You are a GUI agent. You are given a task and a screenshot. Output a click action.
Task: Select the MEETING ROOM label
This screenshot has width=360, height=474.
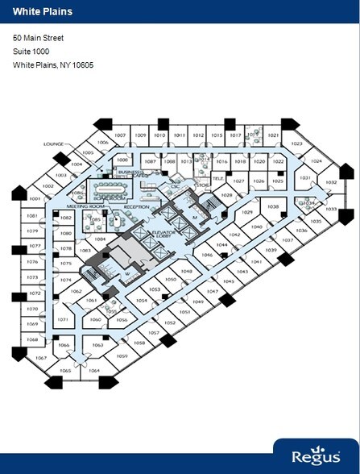pos(77,206)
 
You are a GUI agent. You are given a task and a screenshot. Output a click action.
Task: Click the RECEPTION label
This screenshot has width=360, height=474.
pos(136,206)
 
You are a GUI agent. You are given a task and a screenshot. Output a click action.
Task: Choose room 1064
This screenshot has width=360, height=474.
pos(94,371)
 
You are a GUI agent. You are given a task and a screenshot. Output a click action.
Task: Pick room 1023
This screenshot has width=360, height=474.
pos(296,143)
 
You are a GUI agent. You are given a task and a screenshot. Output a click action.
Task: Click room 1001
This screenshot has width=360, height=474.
pos(35,198)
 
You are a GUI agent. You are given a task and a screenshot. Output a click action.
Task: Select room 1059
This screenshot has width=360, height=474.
pos(122,355)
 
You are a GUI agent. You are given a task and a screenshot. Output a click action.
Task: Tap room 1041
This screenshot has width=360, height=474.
pos(257,262)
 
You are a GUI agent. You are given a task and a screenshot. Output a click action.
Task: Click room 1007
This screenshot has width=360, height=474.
pos(120,135)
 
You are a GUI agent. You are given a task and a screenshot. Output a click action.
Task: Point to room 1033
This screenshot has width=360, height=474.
pos(330,208)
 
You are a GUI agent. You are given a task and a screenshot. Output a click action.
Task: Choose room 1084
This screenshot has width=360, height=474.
pos(100,239)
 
